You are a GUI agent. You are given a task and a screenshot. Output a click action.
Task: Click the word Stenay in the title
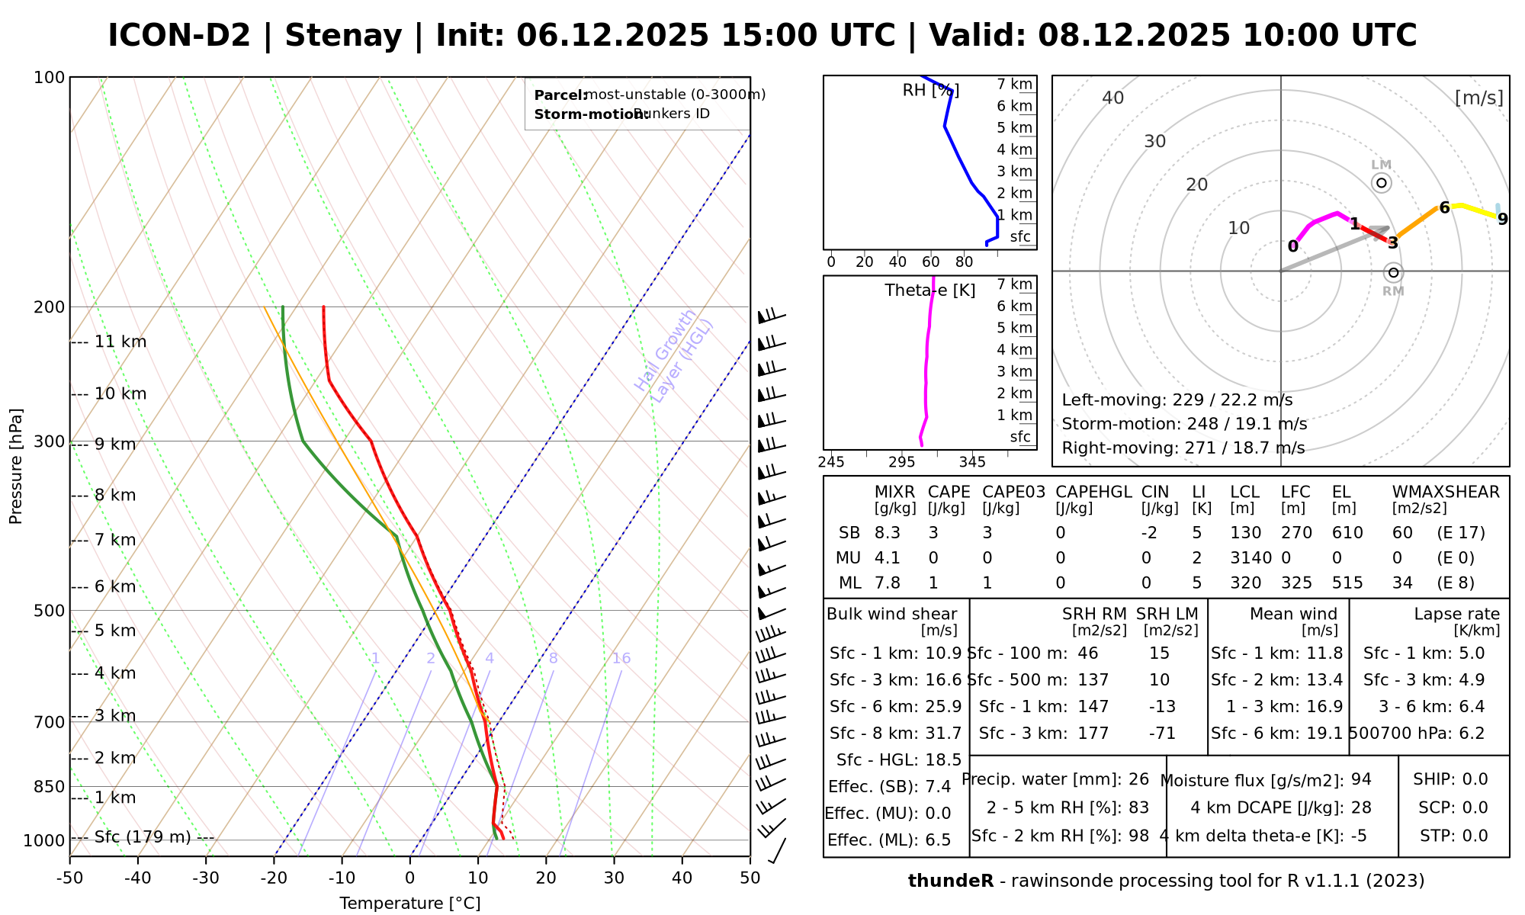point(343,36)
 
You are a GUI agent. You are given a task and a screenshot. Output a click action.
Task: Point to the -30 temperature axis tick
point(206,878)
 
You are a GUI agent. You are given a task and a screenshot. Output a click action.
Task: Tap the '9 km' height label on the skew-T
point(114,445)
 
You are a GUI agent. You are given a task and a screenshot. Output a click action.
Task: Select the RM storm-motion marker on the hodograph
point(1394,272)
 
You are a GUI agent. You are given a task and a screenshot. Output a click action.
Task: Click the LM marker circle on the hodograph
point(1382,183)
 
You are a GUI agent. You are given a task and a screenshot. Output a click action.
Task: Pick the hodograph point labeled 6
point(1443,207)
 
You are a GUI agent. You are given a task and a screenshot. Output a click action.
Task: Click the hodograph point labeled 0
point(1292,246)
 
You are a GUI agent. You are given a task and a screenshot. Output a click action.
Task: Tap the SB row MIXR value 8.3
point(888,533)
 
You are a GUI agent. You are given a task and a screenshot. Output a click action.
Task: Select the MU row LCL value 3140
point(1250,558)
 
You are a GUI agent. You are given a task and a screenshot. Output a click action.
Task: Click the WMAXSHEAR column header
point(1446,492)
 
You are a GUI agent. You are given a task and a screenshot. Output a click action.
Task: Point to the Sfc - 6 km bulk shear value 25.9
point(943,707)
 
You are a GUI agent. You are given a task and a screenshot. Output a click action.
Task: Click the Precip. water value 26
point(1138,779)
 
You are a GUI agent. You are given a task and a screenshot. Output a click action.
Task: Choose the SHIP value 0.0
point(1475,779)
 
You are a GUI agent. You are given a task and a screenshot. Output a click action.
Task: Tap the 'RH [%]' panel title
point(930,91)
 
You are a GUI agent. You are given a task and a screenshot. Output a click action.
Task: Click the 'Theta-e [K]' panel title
point(930,291)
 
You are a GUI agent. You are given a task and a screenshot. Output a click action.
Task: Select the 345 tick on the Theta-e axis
point(972,462)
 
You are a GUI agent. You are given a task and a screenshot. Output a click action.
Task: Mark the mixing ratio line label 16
point(621,658)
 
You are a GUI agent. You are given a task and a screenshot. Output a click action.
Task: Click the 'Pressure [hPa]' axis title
point(16,467)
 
